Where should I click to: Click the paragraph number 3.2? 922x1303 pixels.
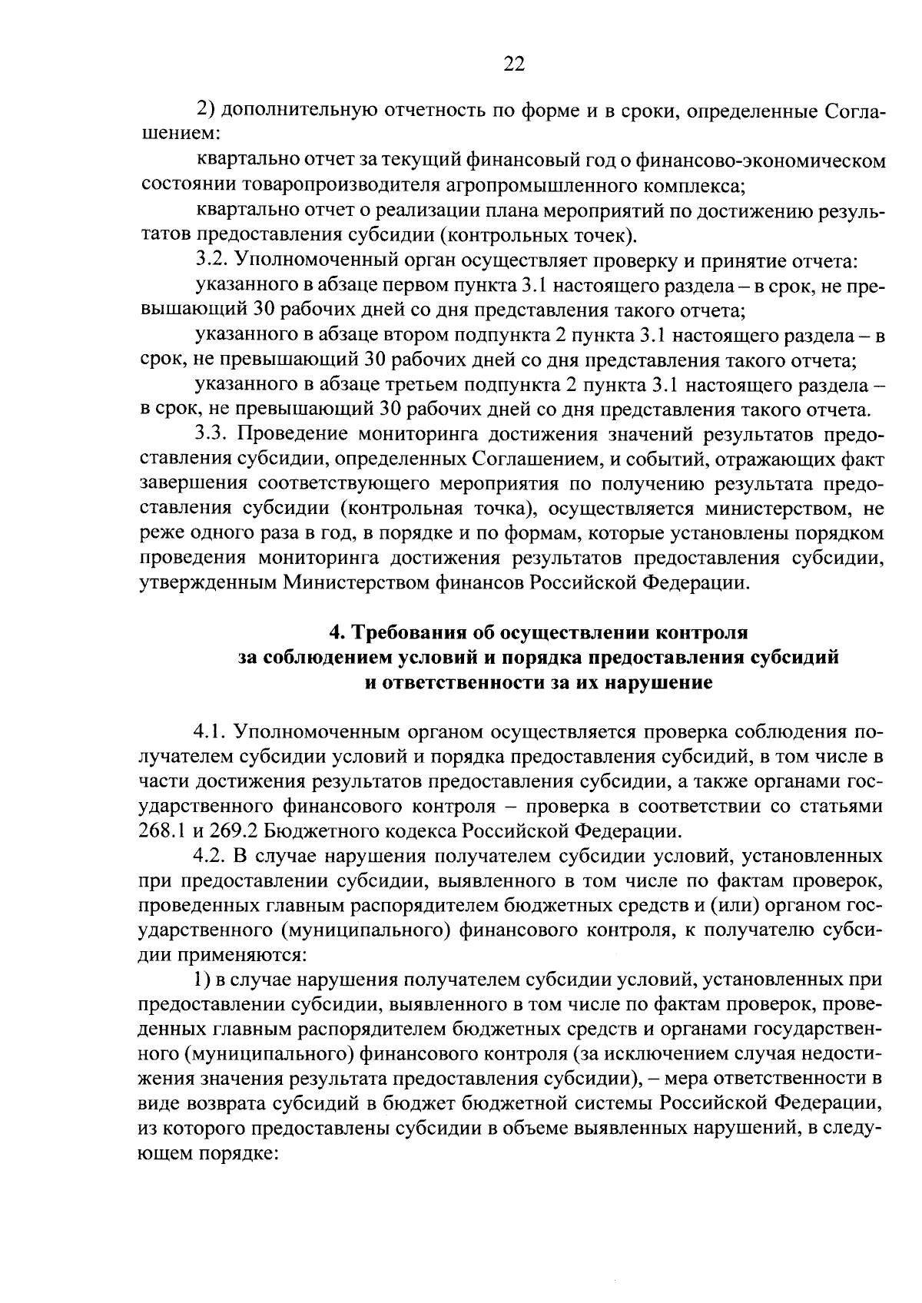click(211, 260)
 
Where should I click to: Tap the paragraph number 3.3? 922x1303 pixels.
click(211, 434)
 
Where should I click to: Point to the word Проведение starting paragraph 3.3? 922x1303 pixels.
click(286, 434)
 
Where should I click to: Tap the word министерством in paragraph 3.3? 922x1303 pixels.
click(768, 509)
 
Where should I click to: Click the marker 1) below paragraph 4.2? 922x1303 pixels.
click(204, 980)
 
